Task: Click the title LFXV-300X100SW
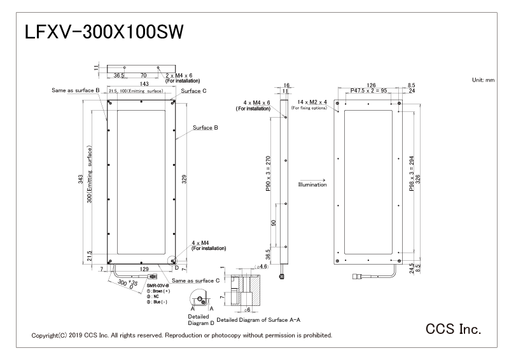coord(104,32)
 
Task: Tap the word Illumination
coord(312,184)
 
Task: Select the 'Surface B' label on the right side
coord(206,127)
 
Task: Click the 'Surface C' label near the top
coord(193,91)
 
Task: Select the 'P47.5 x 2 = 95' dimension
coord(372,91)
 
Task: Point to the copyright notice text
coord(181,335)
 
